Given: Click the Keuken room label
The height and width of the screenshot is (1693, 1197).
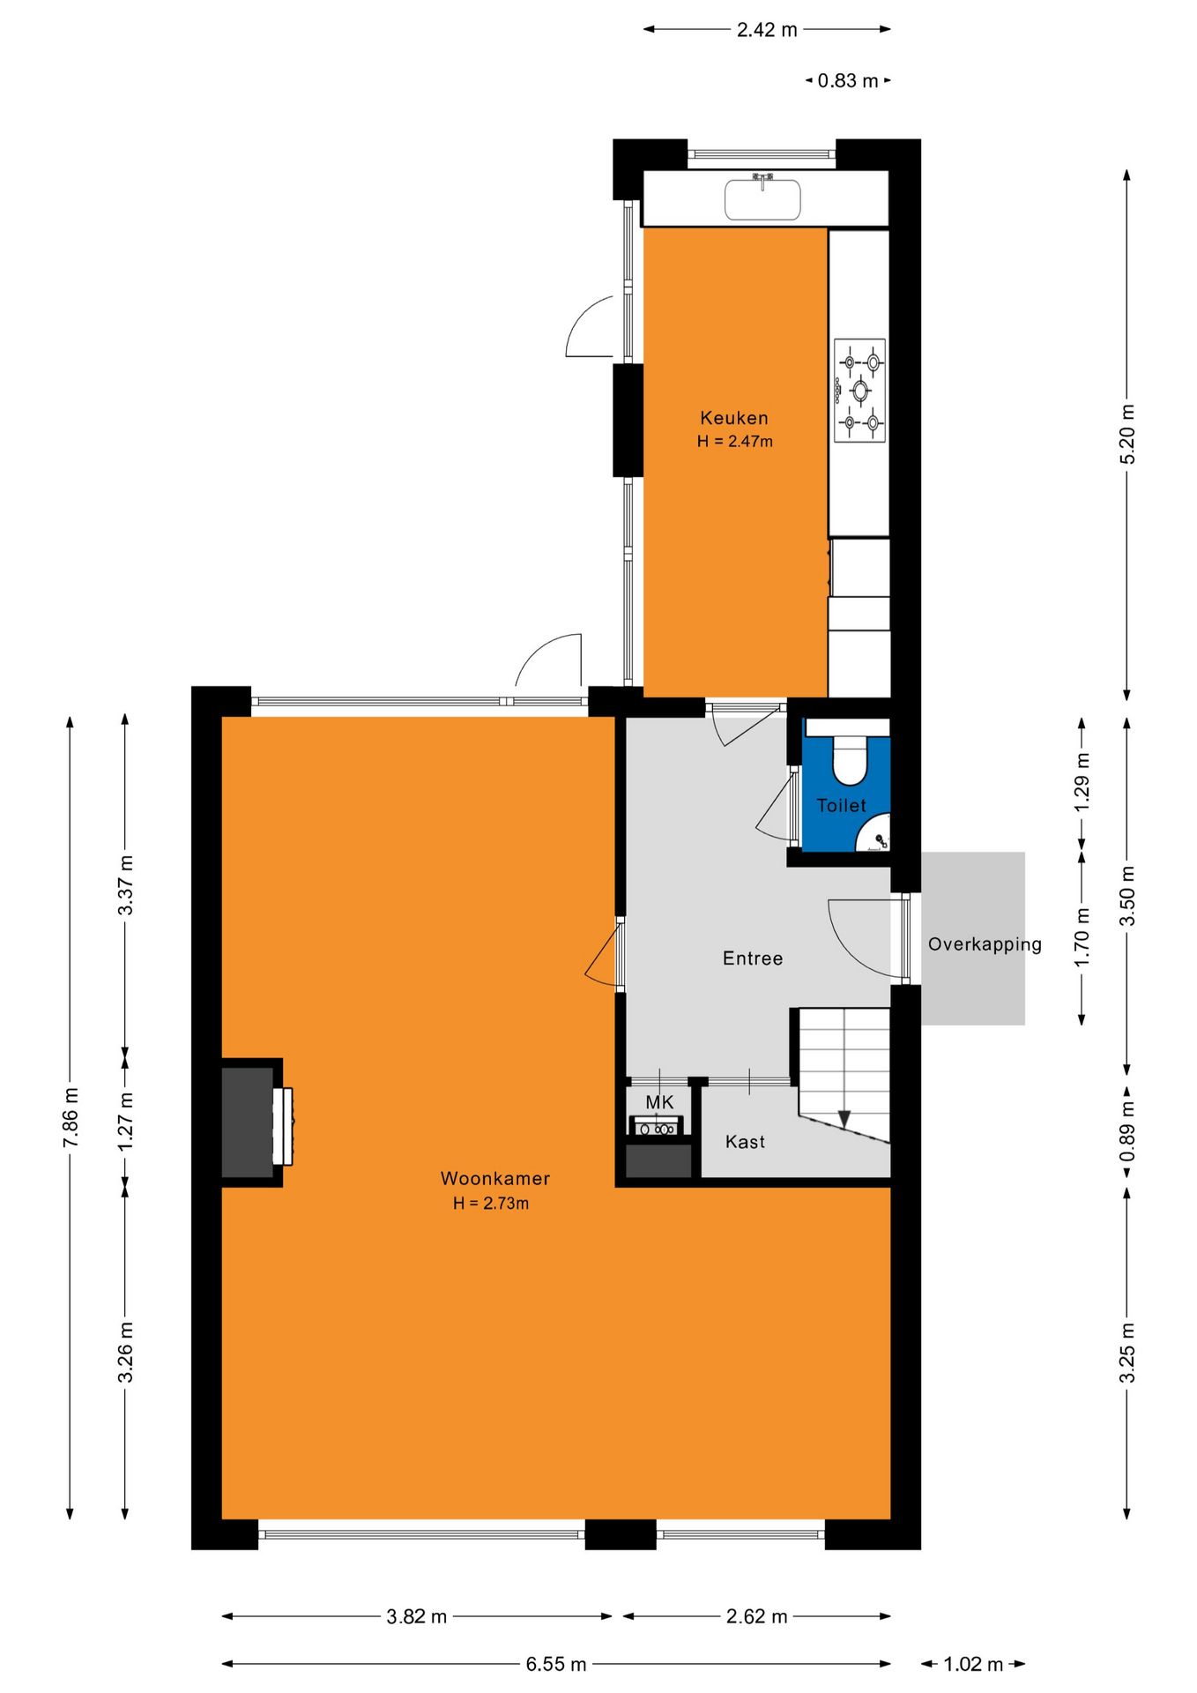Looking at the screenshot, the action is coord(734,418).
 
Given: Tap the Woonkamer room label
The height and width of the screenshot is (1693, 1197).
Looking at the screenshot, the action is coord(495,1179).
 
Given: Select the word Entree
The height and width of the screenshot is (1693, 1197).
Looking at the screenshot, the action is coord(753,958).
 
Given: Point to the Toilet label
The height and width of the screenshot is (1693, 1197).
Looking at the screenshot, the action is coord(842,805).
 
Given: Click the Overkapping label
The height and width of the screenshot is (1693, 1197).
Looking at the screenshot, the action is coord(985,944).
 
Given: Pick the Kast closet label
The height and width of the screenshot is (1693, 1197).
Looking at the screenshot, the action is coord(745,1142).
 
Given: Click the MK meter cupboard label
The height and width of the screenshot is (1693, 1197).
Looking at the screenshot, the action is coord(659,1102).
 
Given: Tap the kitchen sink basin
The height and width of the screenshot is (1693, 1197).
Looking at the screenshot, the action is coord(762,199).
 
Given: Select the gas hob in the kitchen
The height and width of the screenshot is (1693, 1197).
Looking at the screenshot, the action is coord(859,390).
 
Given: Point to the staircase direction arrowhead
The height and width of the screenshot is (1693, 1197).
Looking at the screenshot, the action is coord(844,1119).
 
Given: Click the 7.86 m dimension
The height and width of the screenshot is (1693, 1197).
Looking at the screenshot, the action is coord(71,1118).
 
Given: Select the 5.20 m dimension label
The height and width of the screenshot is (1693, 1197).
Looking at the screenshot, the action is coord(1127,434).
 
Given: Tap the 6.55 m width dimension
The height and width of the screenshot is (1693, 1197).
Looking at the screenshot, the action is coord(556,1664).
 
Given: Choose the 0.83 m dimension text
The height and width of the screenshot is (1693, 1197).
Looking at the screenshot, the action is coord(848,81).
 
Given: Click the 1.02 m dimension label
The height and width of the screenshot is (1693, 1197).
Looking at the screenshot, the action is coord(973,1664).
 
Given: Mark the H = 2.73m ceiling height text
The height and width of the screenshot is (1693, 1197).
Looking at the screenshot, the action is coord(491,1204).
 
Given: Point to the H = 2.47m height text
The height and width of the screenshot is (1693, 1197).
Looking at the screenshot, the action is coord(735,442).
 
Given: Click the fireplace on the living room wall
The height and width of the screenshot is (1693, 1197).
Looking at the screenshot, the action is coord(256,1122).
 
